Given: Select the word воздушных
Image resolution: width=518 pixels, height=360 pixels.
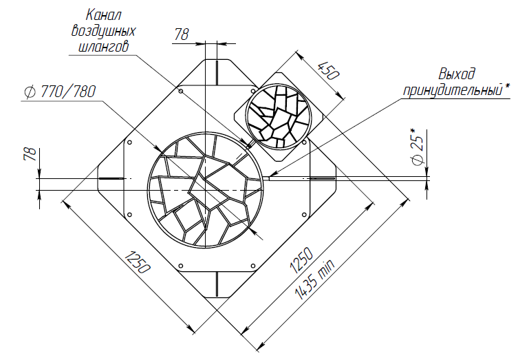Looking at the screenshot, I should click(103, 31).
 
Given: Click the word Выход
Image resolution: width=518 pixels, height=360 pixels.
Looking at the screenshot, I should click(457, 74).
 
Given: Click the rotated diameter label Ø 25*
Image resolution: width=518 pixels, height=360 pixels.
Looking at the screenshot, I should click(418, 145).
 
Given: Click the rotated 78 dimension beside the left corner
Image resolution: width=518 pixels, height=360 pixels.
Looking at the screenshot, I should click(30, 155).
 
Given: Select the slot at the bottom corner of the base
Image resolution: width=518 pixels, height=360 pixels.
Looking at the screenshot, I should click(216, 283).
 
